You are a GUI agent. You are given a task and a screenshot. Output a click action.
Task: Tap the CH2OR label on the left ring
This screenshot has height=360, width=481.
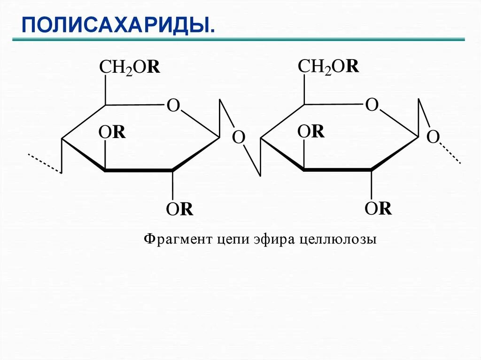pos(130,68)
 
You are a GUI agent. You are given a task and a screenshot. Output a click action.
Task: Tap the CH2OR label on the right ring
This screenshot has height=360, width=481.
pos(328,67)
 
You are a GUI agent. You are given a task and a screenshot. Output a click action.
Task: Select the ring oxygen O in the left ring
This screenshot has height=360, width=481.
pos(173,106)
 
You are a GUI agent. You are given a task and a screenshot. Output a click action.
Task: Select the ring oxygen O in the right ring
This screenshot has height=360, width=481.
pos(372,105)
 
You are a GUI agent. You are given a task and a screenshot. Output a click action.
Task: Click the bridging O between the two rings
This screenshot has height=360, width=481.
pos(239,138)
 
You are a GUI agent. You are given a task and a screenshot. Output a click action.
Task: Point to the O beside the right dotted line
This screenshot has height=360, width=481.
pos(433,137)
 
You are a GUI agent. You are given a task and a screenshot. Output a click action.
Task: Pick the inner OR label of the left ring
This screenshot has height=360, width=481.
pos(112,133)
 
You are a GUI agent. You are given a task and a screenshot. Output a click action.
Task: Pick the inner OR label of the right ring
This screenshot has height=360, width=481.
pos(311,132)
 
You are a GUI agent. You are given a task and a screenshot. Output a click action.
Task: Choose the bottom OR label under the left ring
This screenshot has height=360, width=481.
pos(179,209)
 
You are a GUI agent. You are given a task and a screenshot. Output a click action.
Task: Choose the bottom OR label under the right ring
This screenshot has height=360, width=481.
pos(378,208)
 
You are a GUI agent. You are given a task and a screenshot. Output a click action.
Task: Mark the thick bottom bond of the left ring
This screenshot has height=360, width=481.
pos(138,170)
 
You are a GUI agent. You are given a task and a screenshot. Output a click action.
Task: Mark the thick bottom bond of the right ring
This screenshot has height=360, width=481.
pos(337,169)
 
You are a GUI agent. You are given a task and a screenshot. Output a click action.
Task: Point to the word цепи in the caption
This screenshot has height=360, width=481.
pos(232,239)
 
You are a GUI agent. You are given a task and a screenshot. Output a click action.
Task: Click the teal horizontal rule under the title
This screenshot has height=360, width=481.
pos(238,40)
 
